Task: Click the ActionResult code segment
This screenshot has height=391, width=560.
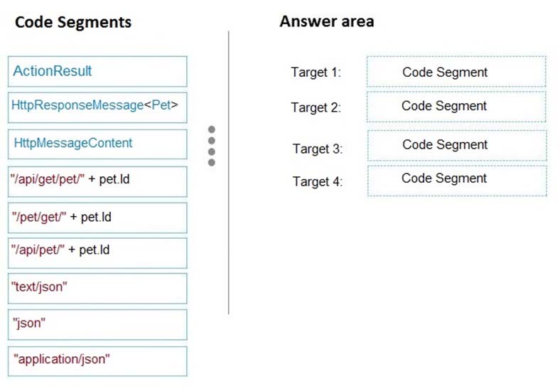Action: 97,71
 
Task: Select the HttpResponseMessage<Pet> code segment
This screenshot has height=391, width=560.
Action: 97,107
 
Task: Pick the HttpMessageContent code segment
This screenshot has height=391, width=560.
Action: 97,144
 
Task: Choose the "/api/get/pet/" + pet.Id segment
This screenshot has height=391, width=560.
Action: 97,181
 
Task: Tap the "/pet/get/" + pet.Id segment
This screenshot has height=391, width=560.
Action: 97,218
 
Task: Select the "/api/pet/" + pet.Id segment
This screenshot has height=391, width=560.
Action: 97,253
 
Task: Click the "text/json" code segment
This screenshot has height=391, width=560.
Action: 97,289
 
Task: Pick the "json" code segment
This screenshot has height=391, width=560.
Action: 97,324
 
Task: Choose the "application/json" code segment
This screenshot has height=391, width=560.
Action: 97,361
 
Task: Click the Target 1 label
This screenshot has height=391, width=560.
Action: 316,73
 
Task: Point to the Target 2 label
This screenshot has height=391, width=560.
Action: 316,107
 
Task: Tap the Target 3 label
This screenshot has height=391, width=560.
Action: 318,149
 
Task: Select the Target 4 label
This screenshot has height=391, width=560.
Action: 318,181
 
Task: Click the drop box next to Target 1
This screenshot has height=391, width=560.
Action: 456,71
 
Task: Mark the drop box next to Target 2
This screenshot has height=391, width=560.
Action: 456,107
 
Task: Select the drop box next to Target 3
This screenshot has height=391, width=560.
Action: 457,145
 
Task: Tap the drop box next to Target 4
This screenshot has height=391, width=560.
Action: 457,181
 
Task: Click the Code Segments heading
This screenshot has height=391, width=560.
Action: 73,22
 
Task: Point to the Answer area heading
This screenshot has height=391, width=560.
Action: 327,21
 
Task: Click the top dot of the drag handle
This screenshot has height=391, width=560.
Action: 212,129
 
